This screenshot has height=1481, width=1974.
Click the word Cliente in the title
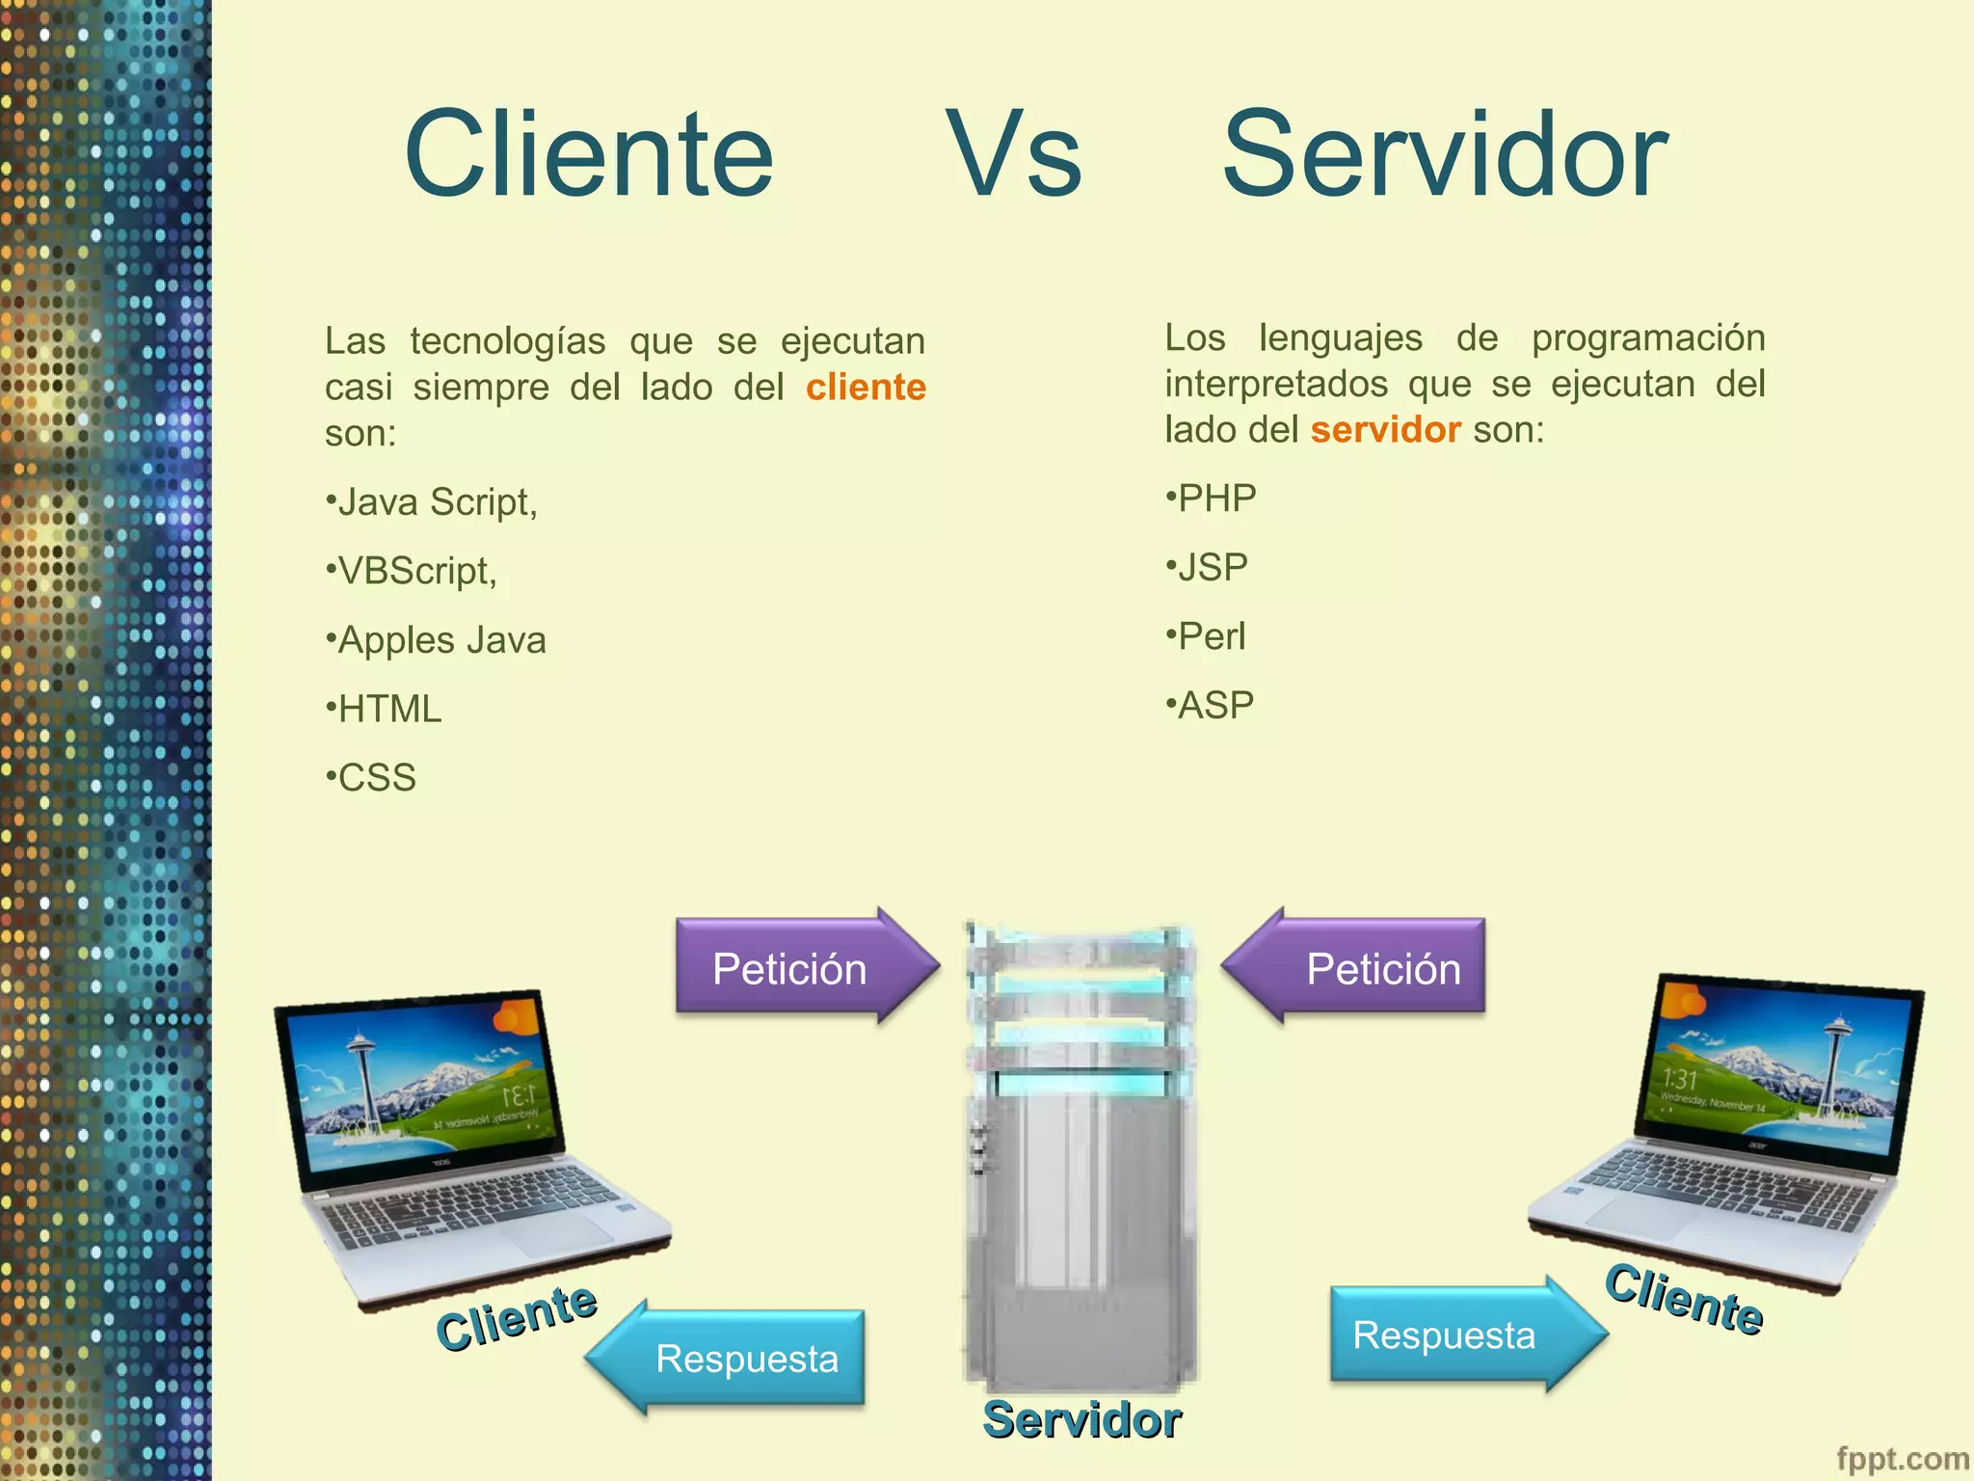(x=589, y=154)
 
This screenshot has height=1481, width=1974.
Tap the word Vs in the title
(x=1014, y=154)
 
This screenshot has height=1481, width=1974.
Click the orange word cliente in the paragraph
(x=866, y=388)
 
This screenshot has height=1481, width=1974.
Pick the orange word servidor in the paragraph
(x=1385, y=430)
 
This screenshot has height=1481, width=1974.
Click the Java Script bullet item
(x=432, y=502)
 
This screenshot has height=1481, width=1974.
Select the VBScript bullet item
(x=413, y=571)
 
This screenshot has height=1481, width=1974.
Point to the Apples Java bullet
(x=437, y=640)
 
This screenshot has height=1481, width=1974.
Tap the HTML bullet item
(x=385, y=709)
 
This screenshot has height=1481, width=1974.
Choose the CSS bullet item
(x=372, y=777)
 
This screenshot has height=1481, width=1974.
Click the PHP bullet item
(x=1212, y=498)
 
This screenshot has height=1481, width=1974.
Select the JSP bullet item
(x=1208, y=567)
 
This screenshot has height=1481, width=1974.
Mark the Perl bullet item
(x=1206, y=636)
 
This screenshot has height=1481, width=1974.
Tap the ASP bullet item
(x=1211, y=705)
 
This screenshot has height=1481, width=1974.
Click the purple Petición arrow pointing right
(x=800, y=966)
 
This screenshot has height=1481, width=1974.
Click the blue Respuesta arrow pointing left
(x=733, y=1358)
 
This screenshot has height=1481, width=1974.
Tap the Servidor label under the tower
(x=1081, y=1419)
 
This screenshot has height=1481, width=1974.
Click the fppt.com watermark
(x=1902, y=1459)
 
